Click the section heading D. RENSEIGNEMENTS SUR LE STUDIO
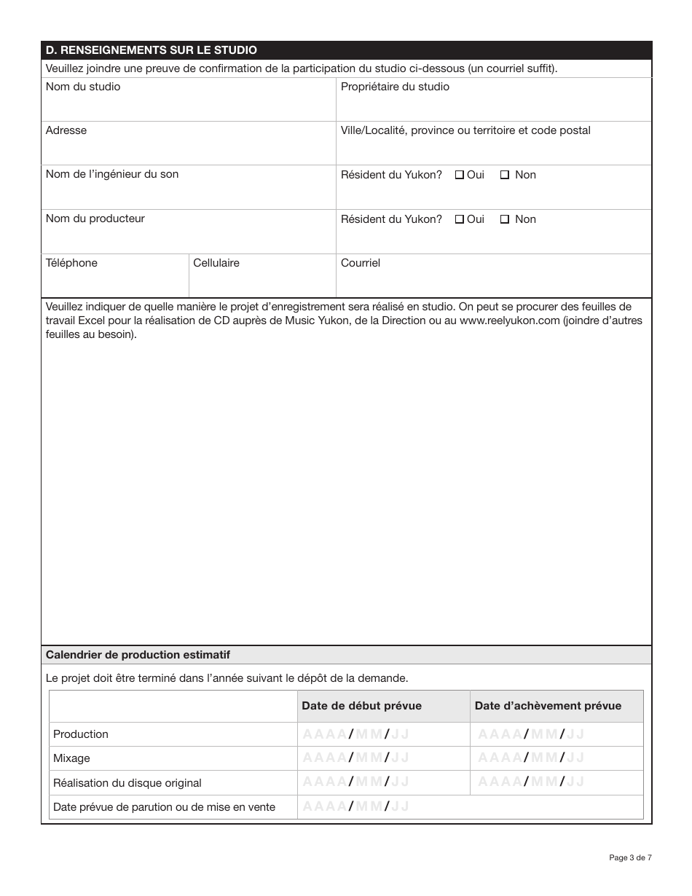coord(151,50)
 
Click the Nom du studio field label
coord(82,87)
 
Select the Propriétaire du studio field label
coord(395,87)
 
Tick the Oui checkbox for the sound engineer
coord(460,175)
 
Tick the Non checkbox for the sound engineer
coord(505,175)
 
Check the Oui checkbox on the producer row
coord(460,219)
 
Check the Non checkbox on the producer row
coord(505,219)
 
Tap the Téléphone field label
coord(71,263)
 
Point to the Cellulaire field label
coord(216,263)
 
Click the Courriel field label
coord(361,263)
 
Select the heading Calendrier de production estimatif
coord(138,655)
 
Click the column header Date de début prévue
coord(361,706)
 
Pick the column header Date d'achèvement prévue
coord(548,706)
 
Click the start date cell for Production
coord(355,734)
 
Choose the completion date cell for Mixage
coord(531,758)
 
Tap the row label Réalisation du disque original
coord(127,783)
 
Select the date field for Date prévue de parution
coord(355,806)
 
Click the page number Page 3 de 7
coord(630,857)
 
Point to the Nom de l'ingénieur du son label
coord(111,175)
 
